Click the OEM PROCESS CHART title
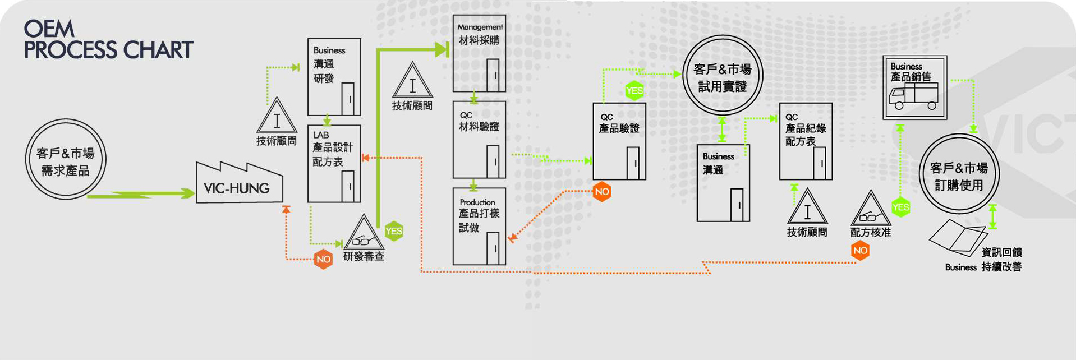108,40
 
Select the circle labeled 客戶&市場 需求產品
66,159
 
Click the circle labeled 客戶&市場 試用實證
723,76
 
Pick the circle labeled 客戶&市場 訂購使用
959,174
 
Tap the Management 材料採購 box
479,53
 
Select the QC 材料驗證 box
479,140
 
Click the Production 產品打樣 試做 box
479,226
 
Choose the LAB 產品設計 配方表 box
334,163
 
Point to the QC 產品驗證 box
619,141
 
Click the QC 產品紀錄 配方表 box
806,141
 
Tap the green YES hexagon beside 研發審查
394,231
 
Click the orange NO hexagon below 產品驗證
602,192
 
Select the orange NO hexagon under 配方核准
860,251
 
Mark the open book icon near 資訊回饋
957,236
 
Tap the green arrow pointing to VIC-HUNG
140,194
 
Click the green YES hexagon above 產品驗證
634,90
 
